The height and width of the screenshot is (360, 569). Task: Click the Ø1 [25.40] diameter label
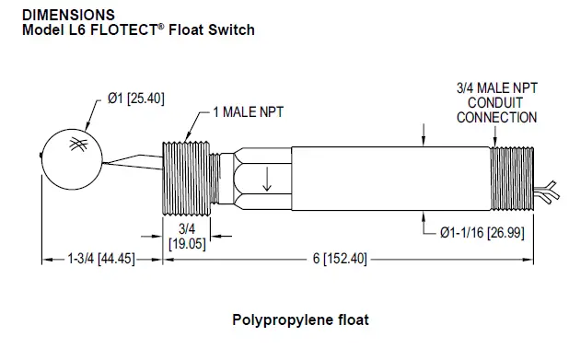click(x=135, y=99)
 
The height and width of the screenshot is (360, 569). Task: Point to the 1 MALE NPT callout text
click(x=247, y=112)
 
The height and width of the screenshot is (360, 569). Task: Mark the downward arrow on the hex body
click(x=268, y=178)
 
